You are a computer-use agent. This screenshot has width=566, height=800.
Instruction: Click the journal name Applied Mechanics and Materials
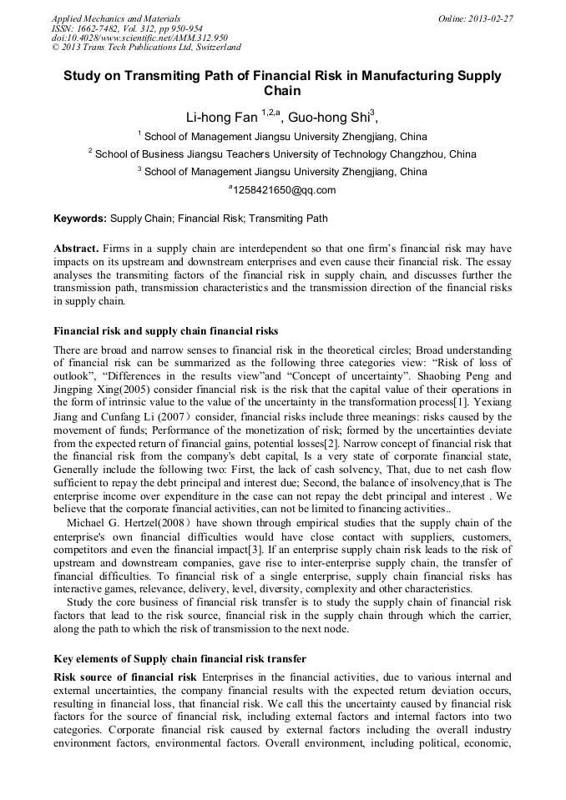pyautogui.click(x=115, y=18)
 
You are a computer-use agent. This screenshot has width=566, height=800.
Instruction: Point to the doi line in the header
pyautogui.click(x=139, y=38)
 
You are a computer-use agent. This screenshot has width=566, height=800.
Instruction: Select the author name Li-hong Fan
pyautogui.click(x=221, y=118)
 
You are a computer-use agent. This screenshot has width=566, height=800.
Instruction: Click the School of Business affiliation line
pyautogui.click(x=282, y=153)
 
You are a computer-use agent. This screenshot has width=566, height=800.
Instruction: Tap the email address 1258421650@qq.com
pyautogui.click(x=284, y=189)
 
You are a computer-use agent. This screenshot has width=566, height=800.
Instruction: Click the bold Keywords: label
pyautogui.click(x=80, y=219)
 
